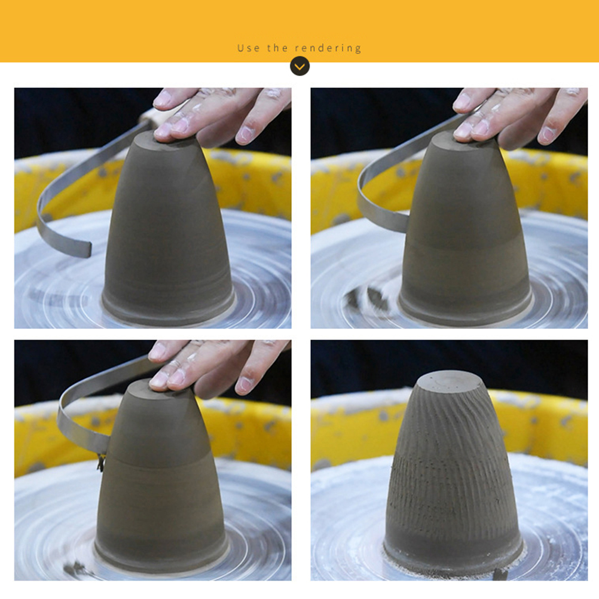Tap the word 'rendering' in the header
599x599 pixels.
coord(328,48)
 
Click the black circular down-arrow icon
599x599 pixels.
coord(299,66)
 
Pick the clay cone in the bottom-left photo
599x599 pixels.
coord(160,478)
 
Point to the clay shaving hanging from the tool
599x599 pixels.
coord(101,462)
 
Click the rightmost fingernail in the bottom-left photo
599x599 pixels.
coord(244,386)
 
